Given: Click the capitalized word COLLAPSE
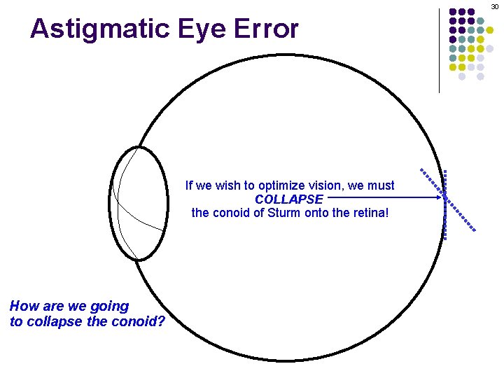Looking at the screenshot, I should [x=289, y=199].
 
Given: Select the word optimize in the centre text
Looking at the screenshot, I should [x=281, y=186].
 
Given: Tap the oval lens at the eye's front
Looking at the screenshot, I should [x=139, y=203].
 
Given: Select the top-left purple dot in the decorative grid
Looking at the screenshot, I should [x=453, y=12].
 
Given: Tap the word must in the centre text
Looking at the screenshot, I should [x=381, y=186].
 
